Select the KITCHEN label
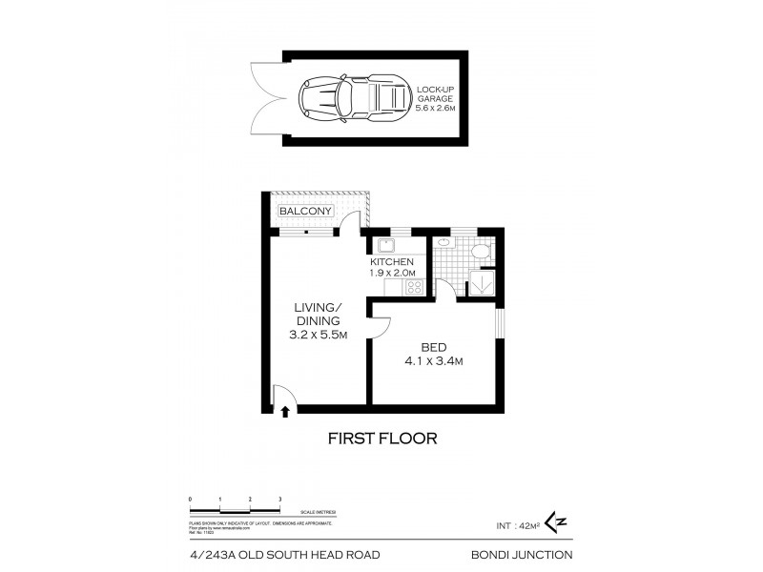point(392,262)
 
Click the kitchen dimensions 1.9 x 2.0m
point(392,274)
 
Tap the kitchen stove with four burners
point(414,286)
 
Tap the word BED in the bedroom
point(433,347)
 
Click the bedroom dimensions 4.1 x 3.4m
point(433,361)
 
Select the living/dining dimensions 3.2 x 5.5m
point(318,336)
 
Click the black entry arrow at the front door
point(284,410)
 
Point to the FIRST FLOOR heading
point(381,439)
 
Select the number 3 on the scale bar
point(279,499)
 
